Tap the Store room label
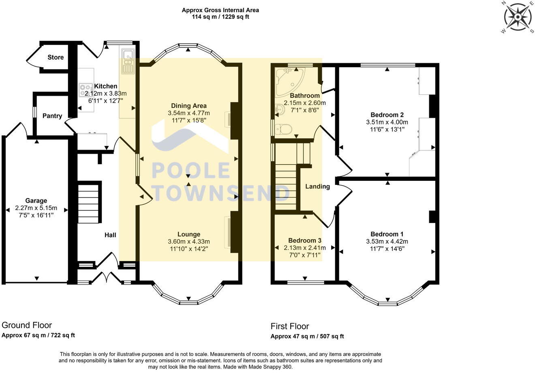tap(56, 57)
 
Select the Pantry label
tap(52, 116)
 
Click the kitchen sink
tap(128, 61)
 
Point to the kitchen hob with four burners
tap(86, 90)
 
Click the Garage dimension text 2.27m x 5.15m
tap(36, 208)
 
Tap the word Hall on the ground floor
tap(110, 235)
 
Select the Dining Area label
tap(189, 105)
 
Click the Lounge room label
tap(189, 234)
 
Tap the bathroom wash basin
tap(280, 110)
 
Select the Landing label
tap(318, 186)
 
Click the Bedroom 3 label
tap(305, 240)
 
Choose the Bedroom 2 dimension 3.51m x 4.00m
tap(387, 122)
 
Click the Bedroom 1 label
tap(387, 234)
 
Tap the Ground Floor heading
tap(27, 325)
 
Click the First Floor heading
tap(290, 326)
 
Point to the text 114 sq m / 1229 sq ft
tap(220, 17)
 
